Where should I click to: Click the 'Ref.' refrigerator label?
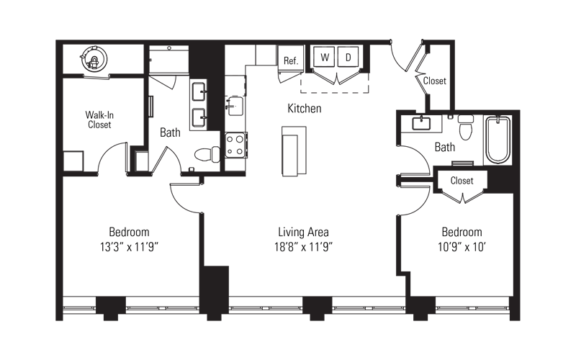(x=291, y=60)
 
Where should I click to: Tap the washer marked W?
(x=325, y=57)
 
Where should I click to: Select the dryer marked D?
(x=348, y=57)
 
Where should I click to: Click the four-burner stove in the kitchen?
(x=236, y=145)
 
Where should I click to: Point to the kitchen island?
(x=294, y=151)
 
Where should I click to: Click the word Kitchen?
(x=304, y=109)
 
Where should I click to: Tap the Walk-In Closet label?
(x=99, y=120)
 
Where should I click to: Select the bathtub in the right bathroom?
(x=498, y=140)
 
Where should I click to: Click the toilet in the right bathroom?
(x=466, y=127)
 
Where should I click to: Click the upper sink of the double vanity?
(x=199, y=91)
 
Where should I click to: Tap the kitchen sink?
(x=235, y=106)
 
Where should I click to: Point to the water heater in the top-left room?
(x=94, y=59)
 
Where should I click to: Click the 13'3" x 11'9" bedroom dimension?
(x=129, y=247)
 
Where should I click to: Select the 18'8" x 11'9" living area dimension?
(x=303, y=247)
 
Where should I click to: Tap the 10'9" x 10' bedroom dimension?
(x=462, y=247)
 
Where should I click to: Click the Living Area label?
(x=303, y=232)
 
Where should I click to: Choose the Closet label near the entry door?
(x=435, y=81)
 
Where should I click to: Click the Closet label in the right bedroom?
(x=462, y=181)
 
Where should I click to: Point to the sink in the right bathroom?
(x=421, y=123)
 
